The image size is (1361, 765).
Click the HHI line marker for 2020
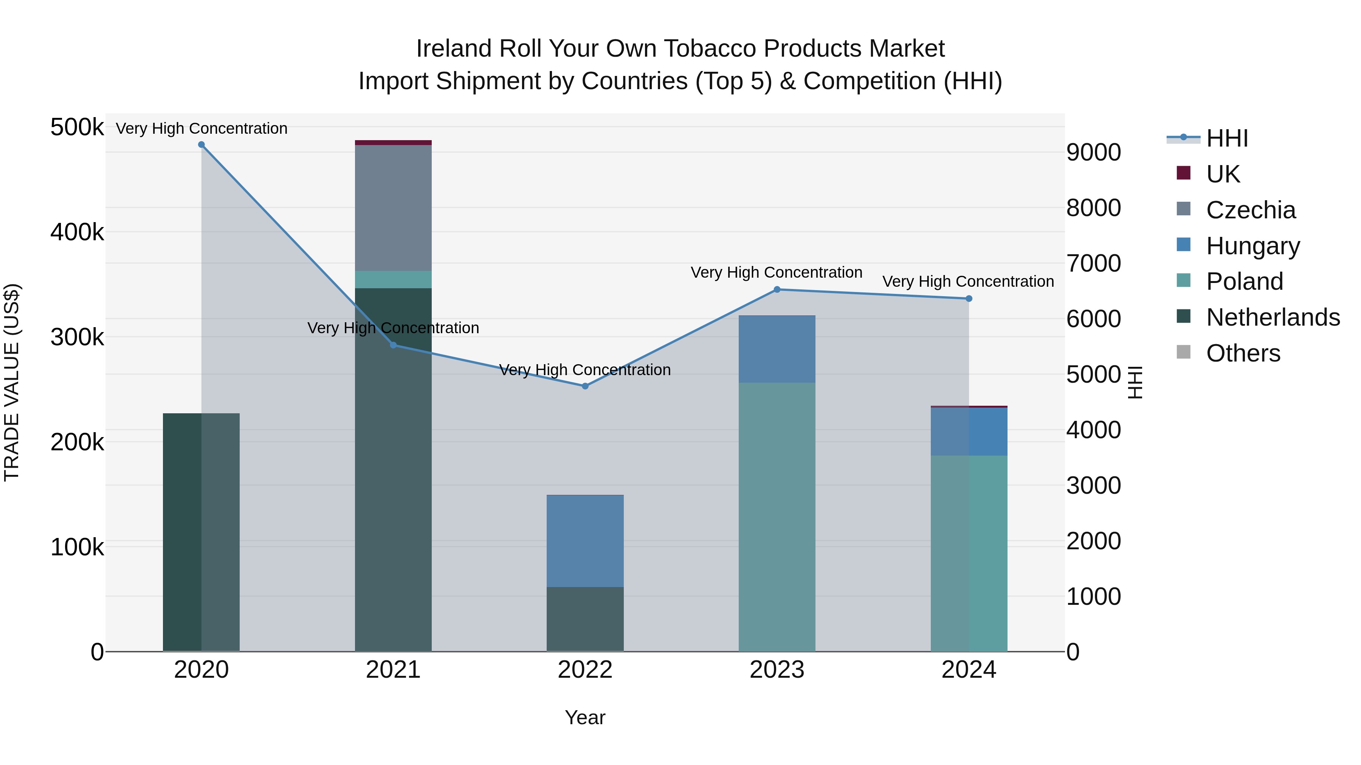pos(201,145)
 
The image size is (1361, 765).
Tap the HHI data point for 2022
pos(585,386)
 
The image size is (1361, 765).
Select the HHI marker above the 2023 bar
pos(777,289)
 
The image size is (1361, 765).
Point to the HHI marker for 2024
pos(969,299)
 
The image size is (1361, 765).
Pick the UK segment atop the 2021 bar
pos(393,142)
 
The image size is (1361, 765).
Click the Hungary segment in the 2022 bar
pos(585,541)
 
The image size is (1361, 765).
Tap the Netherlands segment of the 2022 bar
pos(585,619)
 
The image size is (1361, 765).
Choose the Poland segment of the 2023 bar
pos(777,516)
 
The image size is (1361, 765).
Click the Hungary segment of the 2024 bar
pos(969,431)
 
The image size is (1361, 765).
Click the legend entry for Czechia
pos(1250,210)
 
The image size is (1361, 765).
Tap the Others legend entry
pos(1243,353)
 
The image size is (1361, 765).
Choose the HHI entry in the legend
pos(1227,138)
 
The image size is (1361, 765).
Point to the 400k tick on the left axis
pos(77,232)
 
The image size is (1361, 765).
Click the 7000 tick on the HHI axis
pos(1093,263)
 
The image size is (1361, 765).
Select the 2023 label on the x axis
pos(777,670)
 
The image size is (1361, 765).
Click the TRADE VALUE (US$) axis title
pos(12,382)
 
